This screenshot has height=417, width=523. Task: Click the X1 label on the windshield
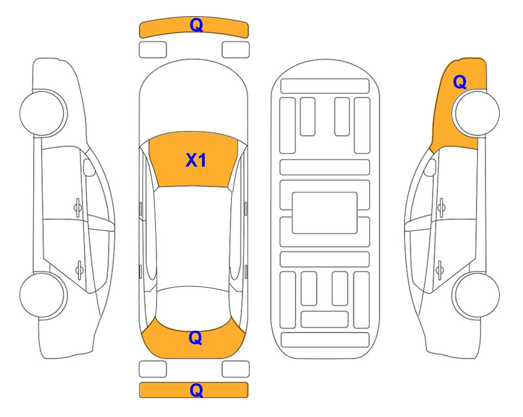click(196, 160)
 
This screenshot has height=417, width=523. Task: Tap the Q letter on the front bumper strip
click(197, 25)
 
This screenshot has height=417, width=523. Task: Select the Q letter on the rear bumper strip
click(196, 390)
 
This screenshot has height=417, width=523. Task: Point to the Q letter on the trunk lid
click(196, 338)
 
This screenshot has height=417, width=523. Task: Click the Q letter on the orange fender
click(459, 82)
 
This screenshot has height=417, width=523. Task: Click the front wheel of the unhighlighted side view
click(43, 113)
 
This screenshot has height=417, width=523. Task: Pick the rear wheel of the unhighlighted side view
click(43, 295)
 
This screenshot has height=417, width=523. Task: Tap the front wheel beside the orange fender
click(476, 113)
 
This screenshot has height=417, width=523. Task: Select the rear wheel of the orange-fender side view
click(476, 295)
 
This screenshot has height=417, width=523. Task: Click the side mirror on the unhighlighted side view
click(89, 167)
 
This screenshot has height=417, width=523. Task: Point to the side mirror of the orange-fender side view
click(430, 167)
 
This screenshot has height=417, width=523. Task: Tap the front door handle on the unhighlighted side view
click(78, 207)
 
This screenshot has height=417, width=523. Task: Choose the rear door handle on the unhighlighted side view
click(79, 269)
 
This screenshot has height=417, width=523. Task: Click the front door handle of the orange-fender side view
click(442, 207)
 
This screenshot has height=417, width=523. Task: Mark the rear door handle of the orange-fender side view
click(439, 269)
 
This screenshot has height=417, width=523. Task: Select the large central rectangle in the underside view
click(325, 213)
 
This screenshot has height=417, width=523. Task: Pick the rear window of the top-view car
click(193, 308)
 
